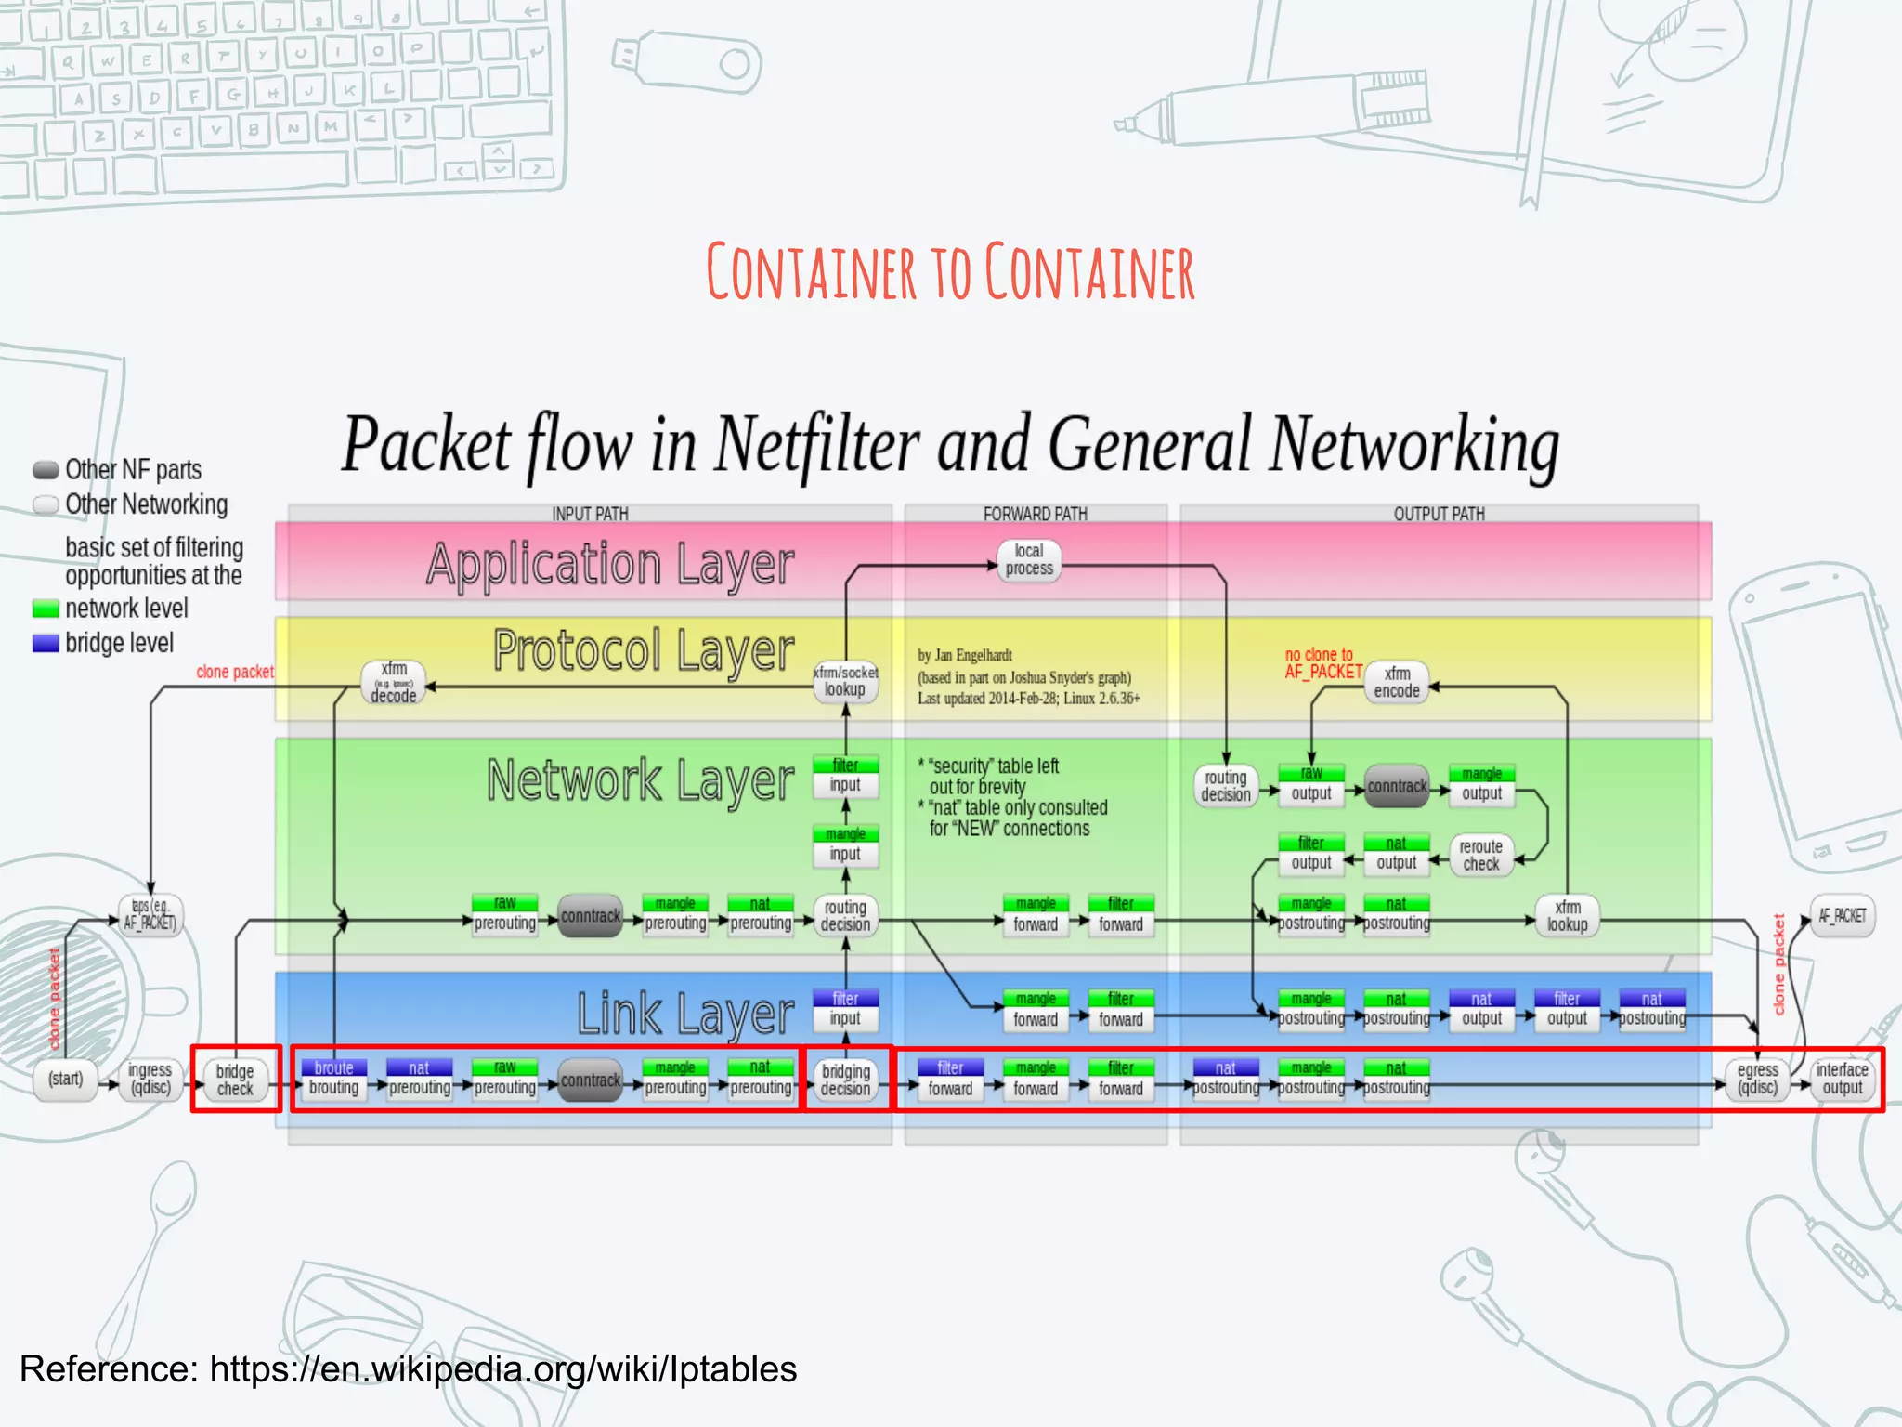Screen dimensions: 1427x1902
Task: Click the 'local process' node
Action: (1029, 560)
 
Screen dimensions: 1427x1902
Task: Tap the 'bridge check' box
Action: (235, 1080)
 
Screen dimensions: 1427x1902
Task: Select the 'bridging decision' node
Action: (845, 1080)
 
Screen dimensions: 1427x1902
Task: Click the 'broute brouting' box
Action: (333, 1079)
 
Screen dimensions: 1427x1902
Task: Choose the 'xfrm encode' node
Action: (1396, 683)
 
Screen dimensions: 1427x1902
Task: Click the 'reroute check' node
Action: (1480, 856)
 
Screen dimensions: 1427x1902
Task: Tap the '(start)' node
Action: (66, 1080)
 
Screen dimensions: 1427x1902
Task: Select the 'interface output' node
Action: (1842, 1080)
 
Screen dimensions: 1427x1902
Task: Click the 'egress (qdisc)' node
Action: (1757, 1080)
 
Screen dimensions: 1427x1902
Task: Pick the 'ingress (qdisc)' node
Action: (150, 1080)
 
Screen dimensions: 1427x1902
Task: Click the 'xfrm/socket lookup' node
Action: (845, 682)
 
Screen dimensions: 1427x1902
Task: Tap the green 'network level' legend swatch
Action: (46, 609)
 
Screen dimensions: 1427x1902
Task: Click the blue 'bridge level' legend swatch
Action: (46, 644)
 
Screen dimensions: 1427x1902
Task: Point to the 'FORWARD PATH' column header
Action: (1035, 514)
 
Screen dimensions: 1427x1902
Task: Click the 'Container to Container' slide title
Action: (950, 272)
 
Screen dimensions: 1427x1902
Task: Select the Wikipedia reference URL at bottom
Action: (502, 1369)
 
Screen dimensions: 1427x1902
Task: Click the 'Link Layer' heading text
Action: (685, 1014)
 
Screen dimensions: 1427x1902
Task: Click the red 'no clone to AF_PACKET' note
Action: (1322, 663)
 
